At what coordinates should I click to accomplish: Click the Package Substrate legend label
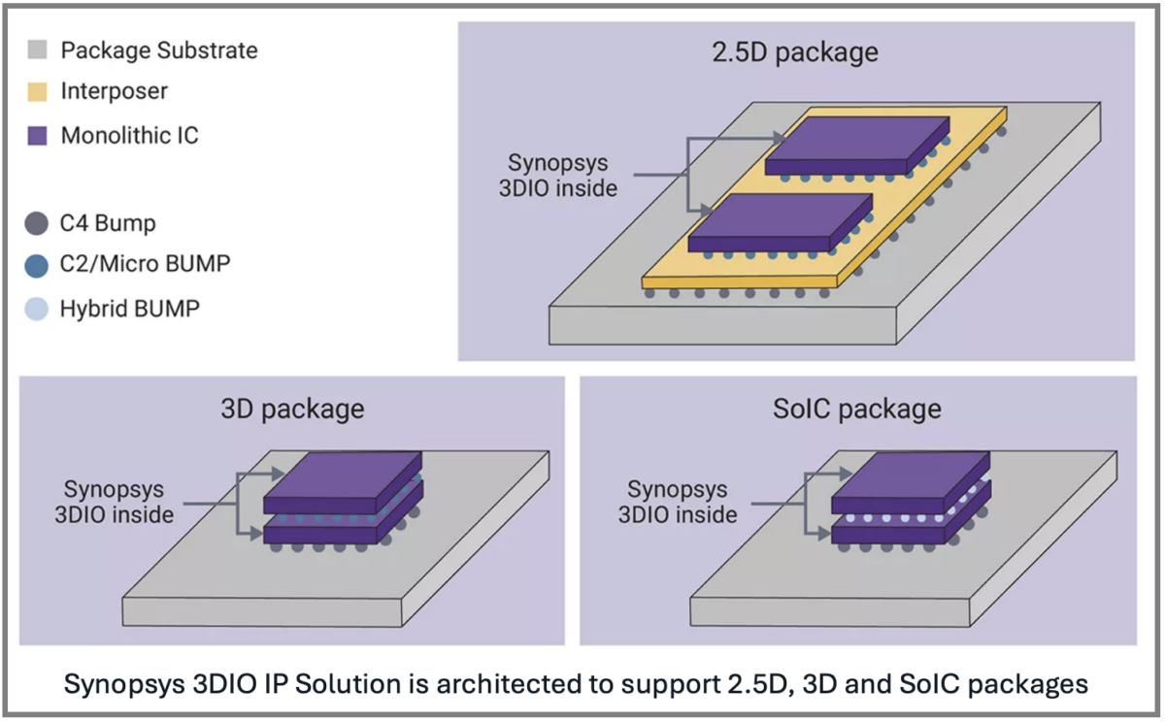pos(158,50)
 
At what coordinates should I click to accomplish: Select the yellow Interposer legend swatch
pos(38,92)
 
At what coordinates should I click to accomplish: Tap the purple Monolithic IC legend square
pos(38,135)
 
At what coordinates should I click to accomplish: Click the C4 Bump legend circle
pos(36,224)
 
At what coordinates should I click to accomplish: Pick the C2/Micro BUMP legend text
pos(146,263)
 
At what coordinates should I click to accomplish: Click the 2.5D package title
pos(794,51)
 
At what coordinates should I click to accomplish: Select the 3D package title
pos(290,409)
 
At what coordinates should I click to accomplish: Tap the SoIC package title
pos(857,409)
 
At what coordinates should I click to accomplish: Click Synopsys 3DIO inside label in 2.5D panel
pos(557,175)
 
